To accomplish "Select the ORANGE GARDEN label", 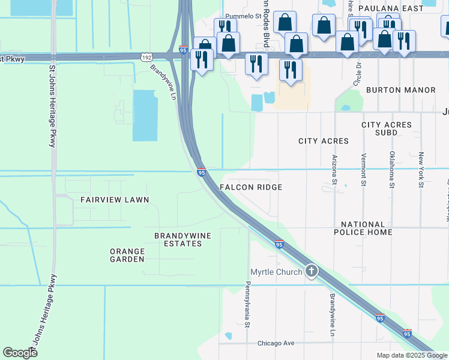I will pos(127,255).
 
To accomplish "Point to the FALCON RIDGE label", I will pos(251,187).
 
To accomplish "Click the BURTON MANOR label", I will pos(400,90).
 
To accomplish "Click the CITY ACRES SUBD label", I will pos(387,128).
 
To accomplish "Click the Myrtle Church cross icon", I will pos(311,271).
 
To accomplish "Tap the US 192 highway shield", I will pos(146,57).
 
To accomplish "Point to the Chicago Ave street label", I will pos(276,343).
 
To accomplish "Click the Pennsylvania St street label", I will pos(246,305).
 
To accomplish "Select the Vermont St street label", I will pos(363,170).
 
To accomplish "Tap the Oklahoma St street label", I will pos(392,170).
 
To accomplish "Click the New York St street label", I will pos(421,170).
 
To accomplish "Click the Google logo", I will pos(20,352).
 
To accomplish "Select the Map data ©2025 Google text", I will pos(411,355).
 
